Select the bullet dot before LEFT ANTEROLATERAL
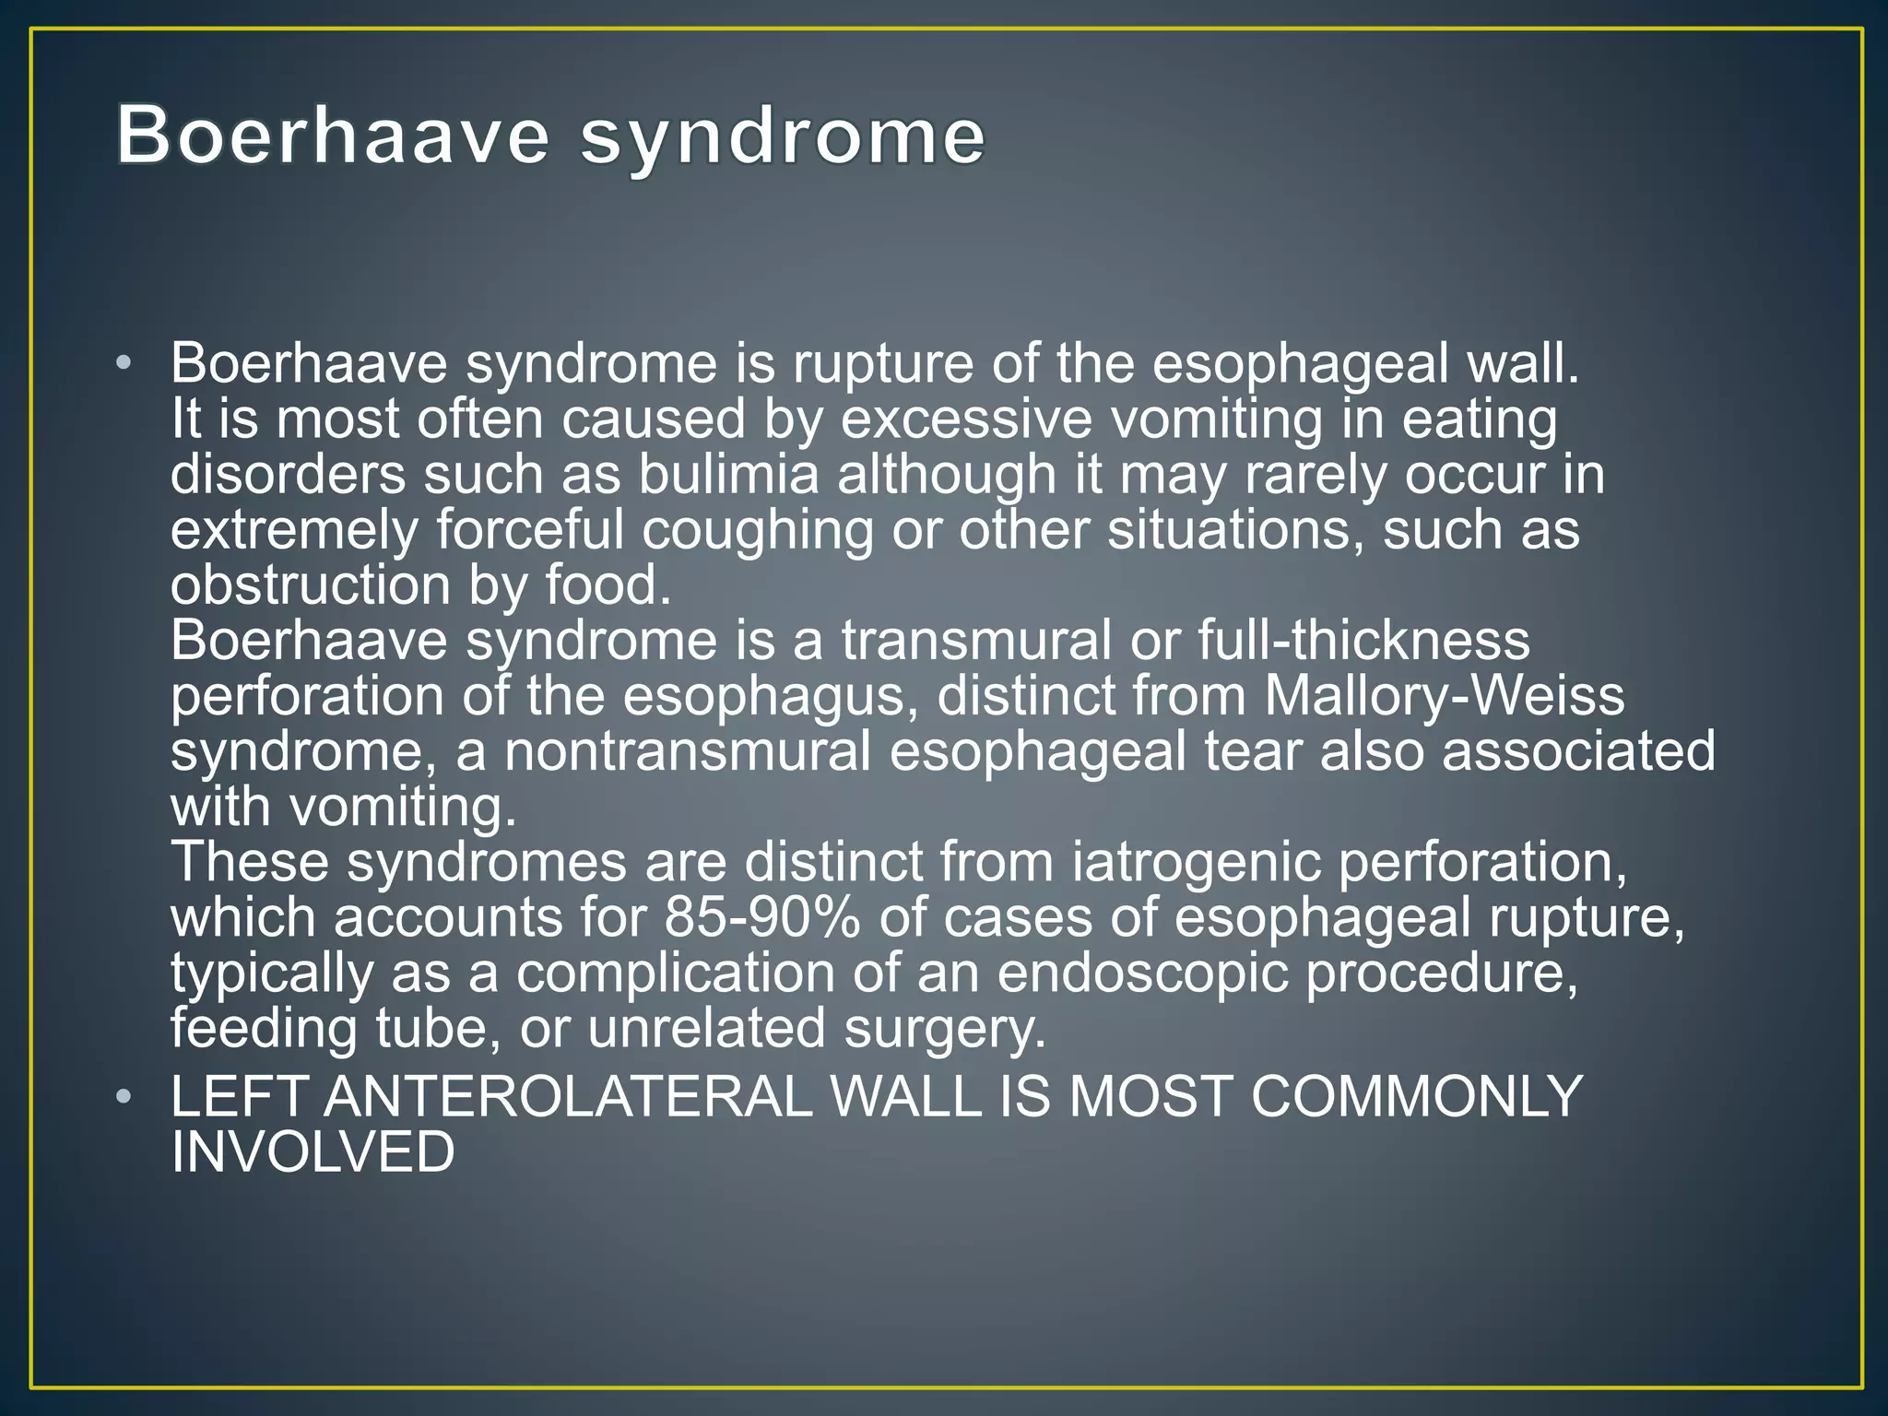124,1097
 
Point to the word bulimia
728,474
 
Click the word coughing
756,531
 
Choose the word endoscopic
1142,973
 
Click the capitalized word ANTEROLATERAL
568,1097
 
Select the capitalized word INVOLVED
313,1152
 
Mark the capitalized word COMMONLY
1416,1097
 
